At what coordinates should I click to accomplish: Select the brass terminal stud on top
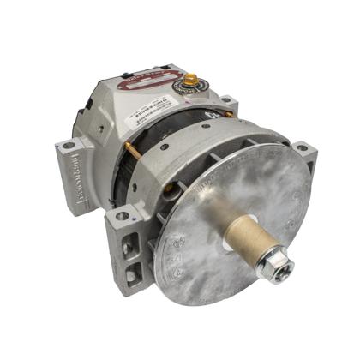coord(188,81)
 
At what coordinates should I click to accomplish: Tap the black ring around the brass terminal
coord(188,88)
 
